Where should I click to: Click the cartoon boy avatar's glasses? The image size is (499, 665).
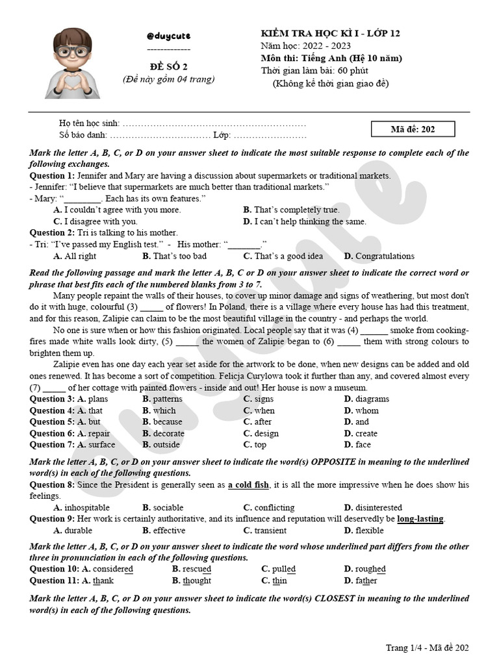pyautogui.click(x=72, y=51)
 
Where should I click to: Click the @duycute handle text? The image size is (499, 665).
pyautogui.click(x=168, y=35)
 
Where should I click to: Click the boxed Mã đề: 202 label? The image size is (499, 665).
pyautogui.click(x=413, y=129)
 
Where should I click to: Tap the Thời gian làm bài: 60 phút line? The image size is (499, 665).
pyautogui.click(x=315, y=71)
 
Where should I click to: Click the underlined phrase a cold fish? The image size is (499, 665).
pyautogui.click(x=248, y=485)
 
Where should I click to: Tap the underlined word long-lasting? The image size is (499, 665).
pyautogui.click(x=420, y=519)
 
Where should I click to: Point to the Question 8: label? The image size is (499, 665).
pyautogui.click(x=52, y=485)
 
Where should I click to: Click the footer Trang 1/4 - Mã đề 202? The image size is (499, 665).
pyautogui.click(x=427, y=647)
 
